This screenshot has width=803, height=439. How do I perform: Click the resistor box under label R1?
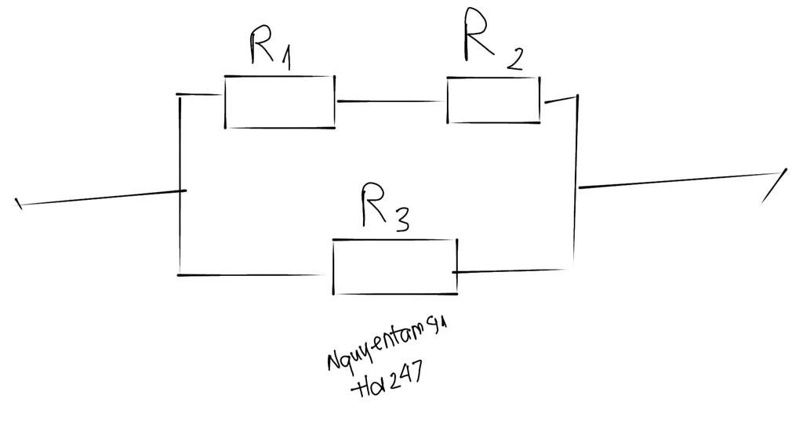(280, 102)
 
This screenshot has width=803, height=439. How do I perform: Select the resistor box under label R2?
(493, 100)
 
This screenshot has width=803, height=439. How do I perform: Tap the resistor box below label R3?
(394, 267)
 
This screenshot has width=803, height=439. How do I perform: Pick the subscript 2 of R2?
(514, 60)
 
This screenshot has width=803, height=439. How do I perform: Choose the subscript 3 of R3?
(400, 223)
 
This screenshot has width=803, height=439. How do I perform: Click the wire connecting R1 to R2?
(391, 101)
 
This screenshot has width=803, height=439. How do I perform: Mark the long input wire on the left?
(102, 198)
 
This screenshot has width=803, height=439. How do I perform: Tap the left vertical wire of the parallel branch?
(180, 184)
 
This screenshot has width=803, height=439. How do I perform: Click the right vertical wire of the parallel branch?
(576, 184)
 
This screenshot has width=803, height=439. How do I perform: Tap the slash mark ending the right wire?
(775, 187)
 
